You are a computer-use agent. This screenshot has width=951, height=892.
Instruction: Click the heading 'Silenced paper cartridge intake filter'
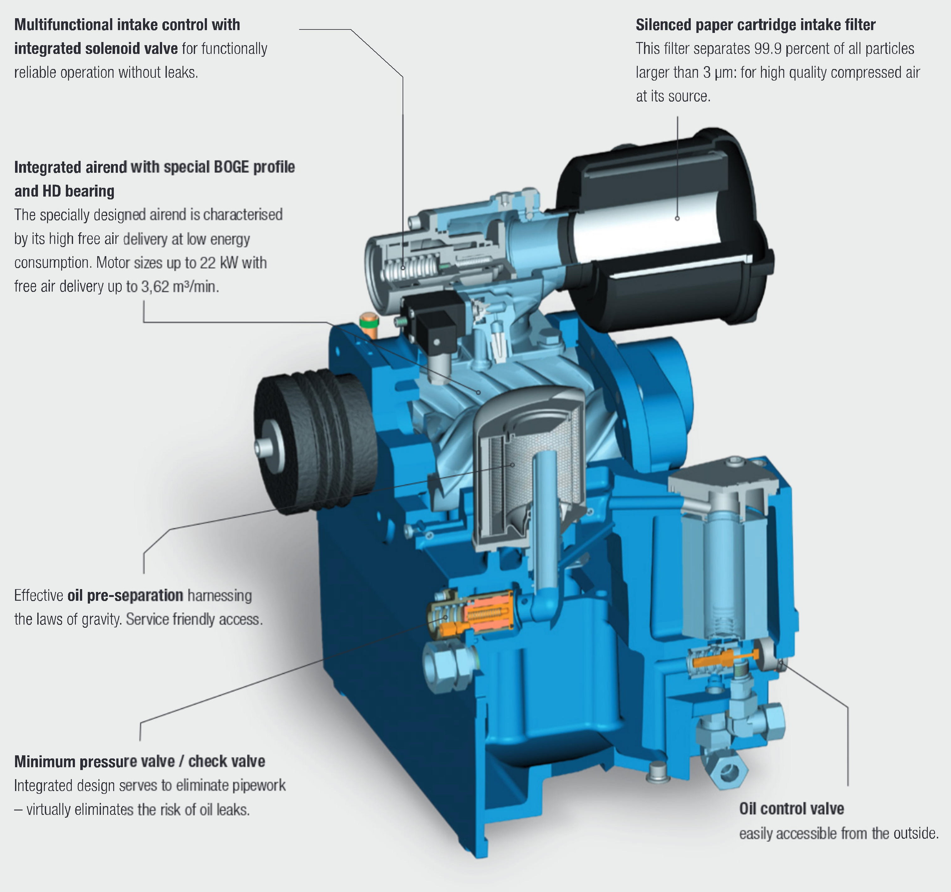coord(755,25)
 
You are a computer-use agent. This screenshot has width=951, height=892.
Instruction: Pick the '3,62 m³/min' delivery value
coord(180,287)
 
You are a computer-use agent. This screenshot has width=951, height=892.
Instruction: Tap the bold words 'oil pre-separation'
coord(125,595)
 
